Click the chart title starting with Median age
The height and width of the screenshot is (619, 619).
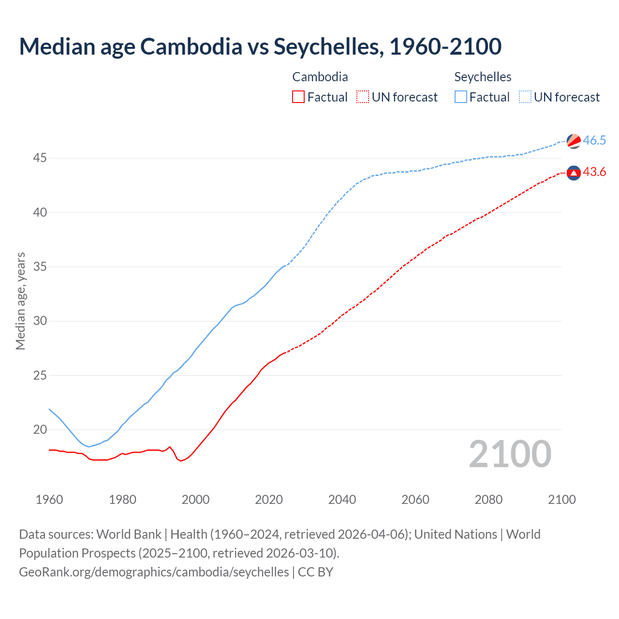tap(260, 46)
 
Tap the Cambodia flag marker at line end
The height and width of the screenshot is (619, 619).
tap(574, 173)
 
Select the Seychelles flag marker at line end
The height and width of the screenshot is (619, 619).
tap(574, 141)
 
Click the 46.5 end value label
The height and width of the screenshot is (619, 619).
tap(594, 141)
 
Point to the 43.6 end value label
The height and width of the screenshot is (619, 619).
tap(594, 172)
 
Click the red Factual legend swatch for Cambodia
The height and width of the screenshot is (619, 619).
tap(298, 97)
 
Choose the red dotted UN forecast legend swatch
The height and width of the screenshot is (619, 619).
tap(363, 97)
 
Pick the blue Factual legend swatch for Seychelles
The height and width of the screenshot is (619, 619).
tap(461, 97)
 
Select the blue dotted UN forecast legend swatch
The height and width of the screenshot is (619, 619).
tap(525, 97)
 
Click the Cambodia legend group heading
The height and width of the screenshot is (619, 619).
tap(320, 77)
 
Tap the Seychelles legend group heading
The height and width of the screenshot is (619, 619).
tap(483, 77)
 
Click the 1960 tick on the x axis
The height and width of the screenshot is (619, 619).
tap(49, 500)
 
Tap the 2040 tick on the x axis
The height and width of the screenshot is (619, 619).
tap(342, 500)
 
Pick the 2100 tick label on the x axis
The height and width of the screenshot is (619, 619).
tap(561, 500)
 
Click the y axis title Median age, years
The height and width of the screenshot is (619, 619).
tap(20, 301)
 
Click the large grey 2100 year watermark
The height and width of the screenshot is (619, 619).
tap(510, 454)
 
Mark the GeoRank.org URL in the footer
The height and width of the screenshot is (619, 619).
tap(154, 572)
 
